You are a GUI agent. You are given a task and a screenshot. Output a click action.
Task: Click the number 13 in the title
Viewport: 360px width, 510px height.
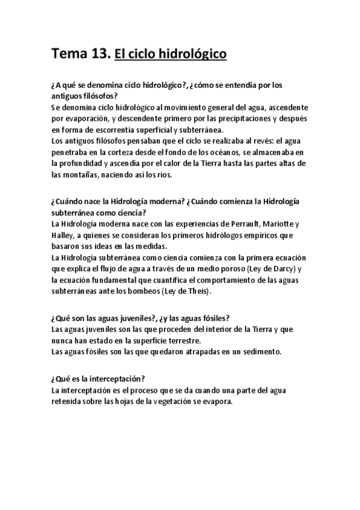[98, 55]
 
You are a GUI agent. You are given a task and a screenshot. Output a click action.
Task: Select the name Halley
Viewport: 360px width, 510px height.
[64, 235]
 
